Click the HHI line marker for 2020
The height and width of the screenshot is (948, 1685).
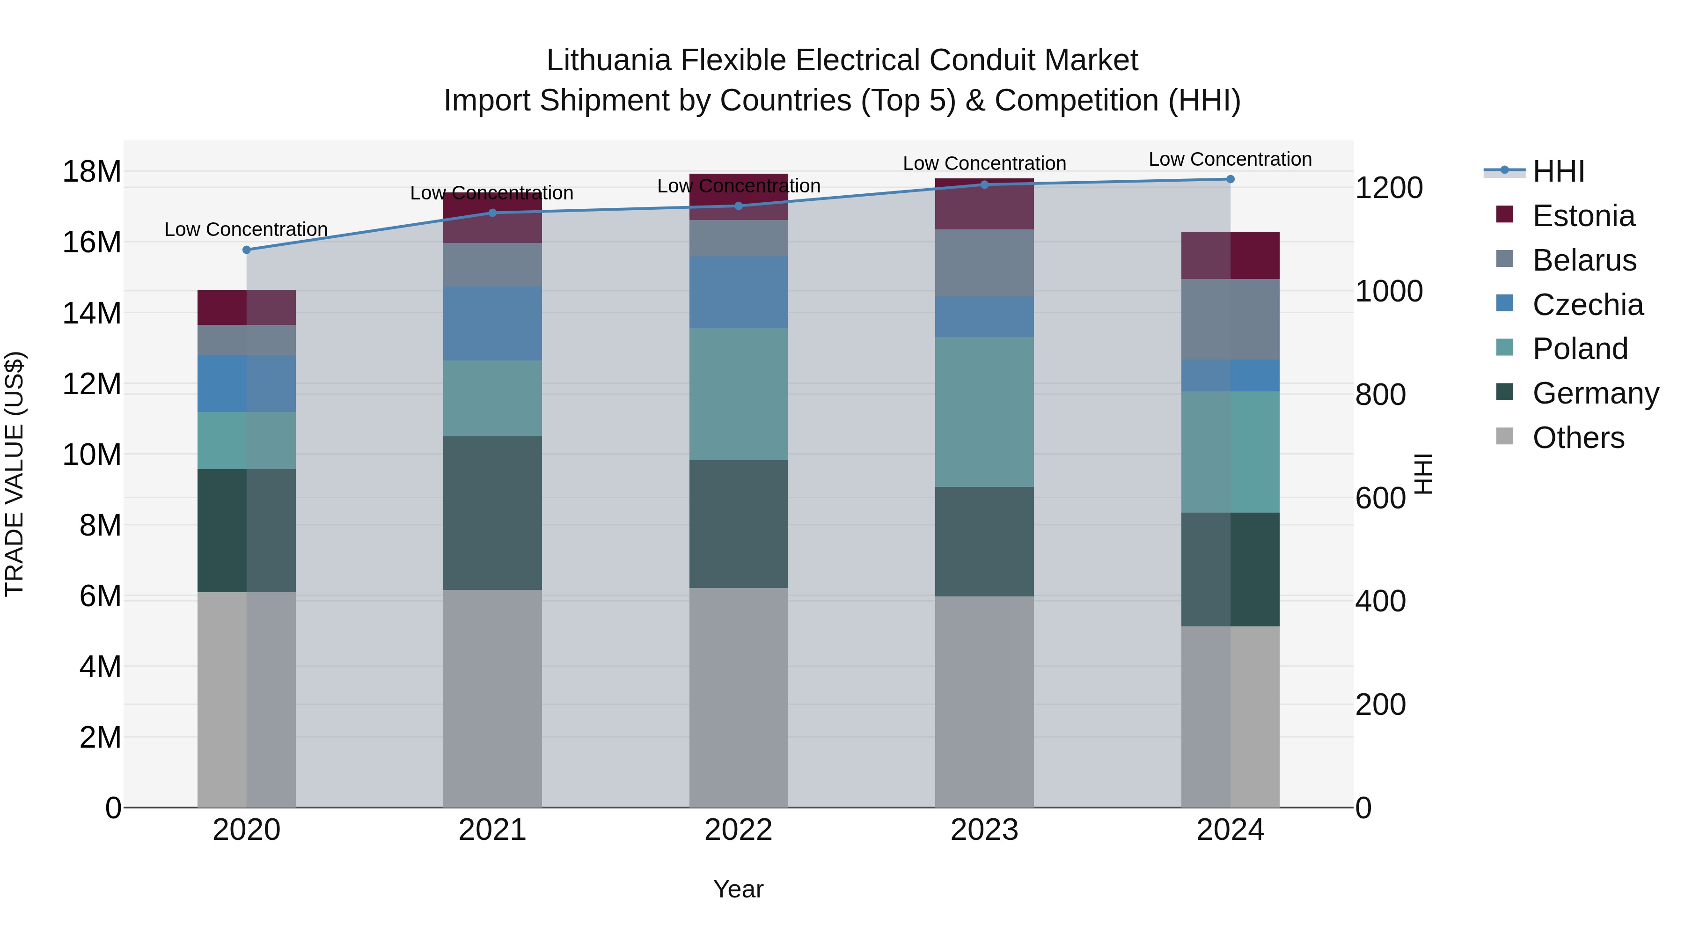[x=247, y=250]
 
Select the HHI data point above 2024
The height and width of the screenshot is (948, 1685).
[x=1231, y=179]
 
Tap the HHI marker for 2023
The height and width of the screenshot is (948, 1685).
[x=984, y=184]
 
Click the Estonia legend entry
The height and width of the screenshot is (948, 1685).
[x=1583, y=216]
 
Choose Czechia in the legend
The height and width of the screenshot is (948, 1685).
[x=1588, y=305]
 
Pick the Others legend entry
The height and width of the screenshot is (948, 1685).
[x=1578, y=438]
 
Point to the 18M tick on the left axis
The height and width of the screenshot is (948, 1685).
[x=92, y=172]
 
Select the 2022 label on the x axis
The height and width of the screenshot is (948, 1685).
[x=739, y=830]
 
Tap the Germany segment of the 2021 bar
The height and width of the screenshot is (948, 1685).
[x=492, y=513]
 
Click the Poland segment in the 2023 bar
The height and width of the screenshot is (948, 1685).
[x=984, y=412]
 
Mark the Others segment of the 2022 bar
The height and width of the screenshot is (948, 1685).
[x=739, y=698]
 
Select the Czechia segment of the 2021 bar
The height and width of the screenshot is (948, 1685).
[x=492, y=323]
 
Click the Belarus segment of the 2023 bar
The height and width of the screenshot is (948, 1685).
[x=984, y=263]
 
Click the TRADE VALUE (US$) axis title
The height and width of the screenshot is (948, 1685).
[x=15, y=474]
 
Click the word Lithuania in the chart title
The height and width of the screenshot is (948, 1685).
[x=609, y=60]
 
